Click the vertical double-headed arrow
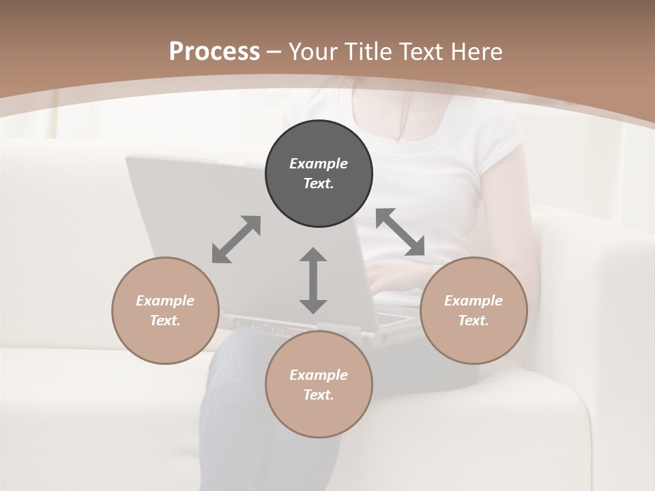313,280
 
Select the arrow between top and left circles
236,239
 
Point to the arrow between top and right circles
401,232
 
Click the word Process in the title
214,51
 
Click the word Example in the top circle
319,164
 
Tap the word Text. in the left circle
165,321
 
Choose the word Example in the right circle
474,301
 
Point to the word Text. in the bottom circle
319,395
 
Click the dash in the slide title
274,52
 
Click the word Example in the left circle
165,301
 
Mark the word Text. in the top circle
319,183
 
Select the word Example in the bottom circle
319,375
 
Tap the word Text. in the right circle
474,321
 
